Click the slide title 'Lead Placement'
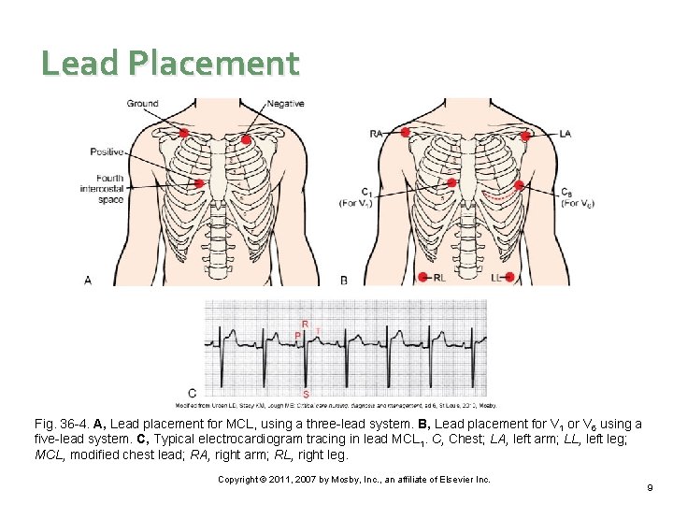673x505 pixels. point(170,63)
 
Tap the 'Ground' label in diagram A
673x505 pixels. point(142,103)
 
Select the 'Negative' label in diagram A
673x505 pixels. point(285,103)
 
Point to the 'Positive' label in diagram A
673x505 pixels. point(107,151)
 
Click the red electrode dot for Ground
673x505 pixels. point(184,134)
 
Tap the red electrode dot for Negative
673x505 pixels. point(246,140)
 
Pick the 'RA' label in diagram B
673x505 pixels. point(377,134)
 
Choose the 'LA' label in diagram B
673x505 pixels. point(565,134)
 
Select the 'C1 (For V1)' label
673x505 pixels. point(354,197)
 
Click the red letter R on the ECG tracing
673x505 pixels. point(305,324)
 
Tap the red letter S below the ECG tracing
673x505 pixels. point(306,394)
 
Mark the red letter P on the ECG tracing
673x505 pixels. point(297,336)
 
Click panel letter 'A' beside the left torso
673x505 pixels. point(88,279)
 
